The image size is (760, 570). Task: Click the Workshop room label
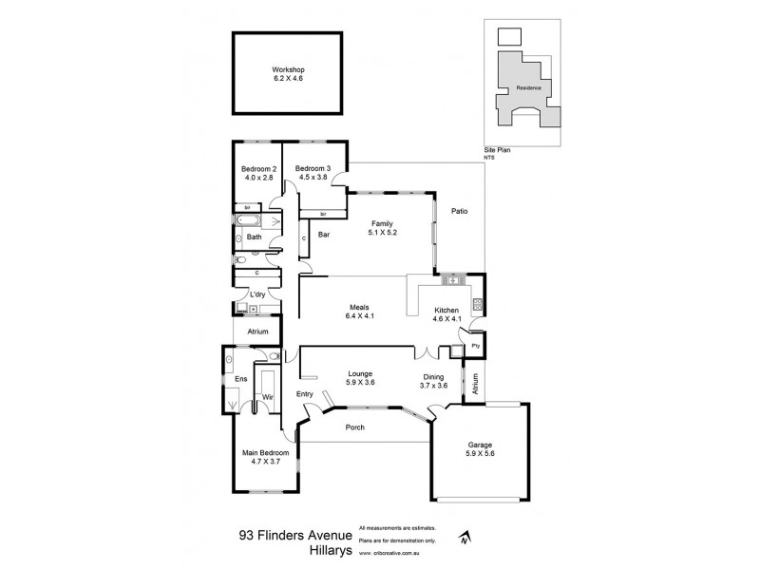(287, 70)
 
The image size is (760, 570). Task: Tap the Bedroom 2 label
(258, 169)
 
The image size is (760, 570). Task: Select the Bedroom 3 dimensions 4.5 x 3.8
(313, 178)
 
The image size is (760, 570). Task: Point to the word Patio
(461, 212)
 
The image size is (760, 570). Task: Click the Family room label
(382, 222)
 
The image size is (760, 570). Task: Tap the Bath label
(254, 237)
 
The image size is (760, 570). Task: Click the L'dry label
(257, 294)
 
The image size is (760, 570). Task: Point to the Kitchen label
(446, 311)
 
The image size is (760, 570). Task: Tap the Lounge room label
(359, 373)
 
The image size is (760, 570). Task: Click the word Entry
(305, 393)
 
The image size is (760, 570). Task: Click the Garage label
(479, 445)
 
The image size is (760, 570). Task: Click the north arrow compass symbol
(463, 537)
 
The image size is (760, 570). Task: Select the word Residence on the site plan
(528, 87)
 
